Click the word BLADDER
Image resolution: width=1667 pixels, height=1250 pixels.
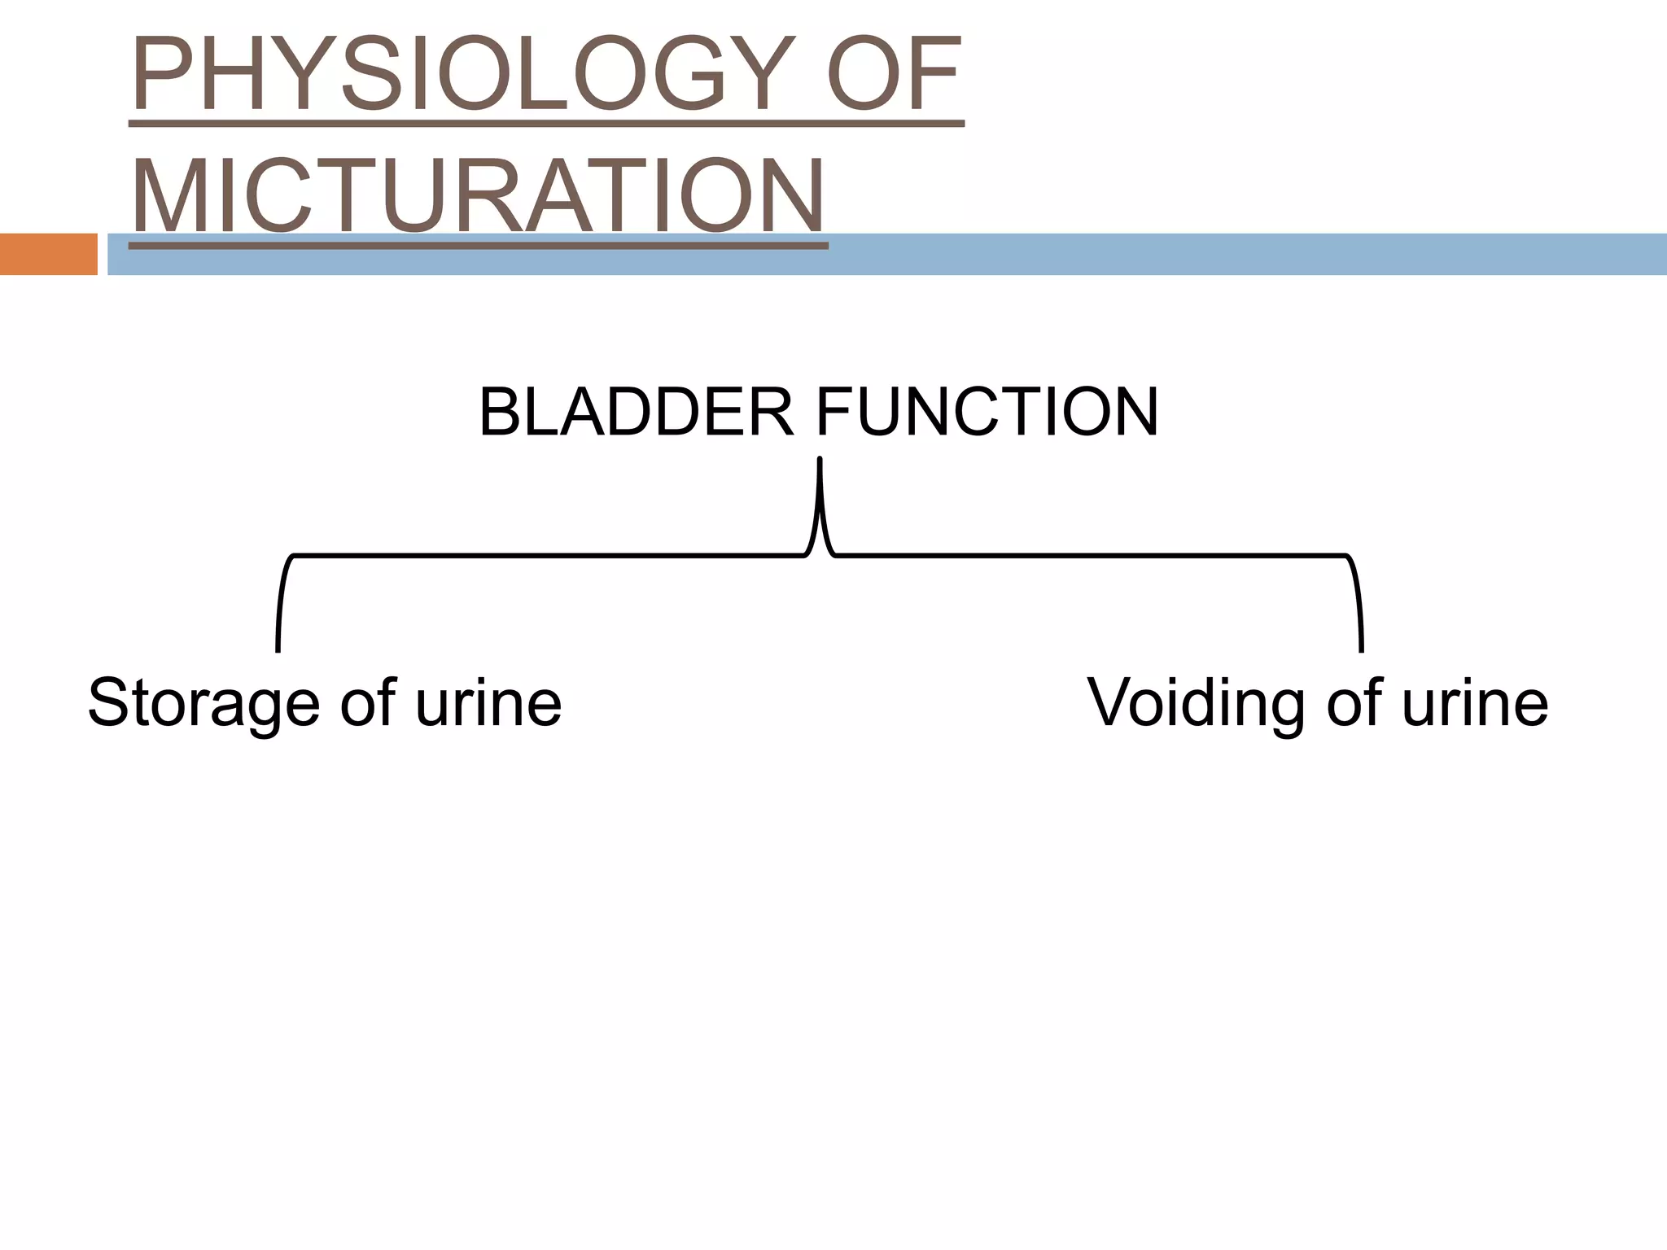point(636,413)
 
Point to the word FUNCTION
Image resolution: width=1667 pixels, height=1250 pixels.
point(987,413)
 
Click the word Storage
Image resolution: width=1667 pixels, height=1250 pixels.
point(203,703)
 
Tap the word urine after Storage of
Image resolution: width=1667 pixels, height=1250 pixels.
point(488,703)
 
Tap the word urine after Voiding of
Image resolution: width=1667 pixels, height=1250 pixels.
point(1474,703)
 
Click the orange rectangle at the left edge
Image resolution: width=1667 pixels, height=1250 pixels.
point(48,254)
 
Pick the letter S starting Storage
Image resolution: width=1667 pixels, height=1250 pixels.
point(109,703)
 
